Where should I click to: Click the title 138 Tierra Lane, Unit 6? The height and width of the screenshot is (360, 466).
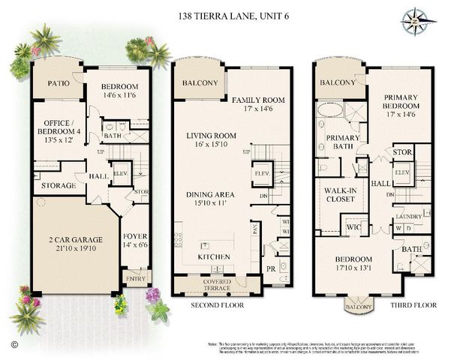(233, 14)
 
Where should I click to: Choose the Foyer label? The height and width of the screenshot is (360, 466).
(135, 240)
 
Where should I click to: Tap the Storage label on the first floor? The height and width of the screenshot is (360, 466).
(58, 185)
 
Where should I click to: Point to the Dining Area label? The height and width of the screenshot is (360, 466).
(210, 199)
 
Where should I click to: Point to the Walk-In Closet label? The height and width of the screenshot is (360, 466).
(339, 196)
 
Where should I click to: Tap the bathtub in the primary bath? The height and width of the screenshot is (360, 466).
(329, 109)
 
